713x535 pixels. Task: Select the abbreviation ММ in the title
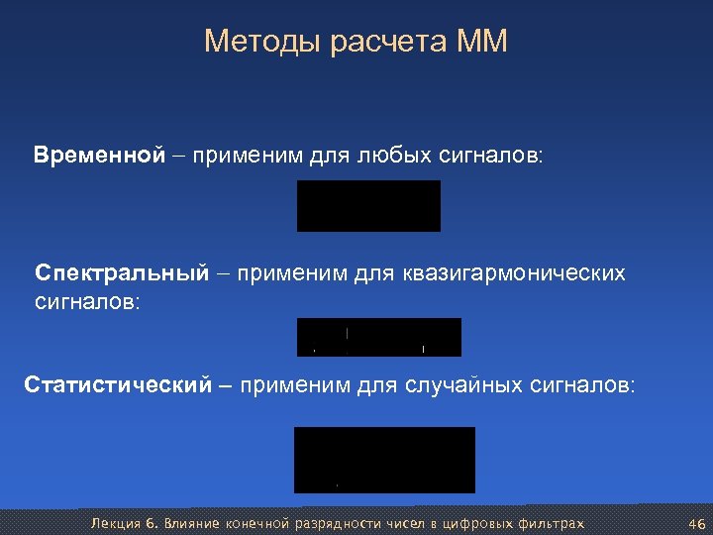point(482,42)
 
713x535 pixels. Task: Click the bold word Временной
point(97,156)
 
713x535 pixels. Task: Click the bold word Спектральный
point(122,272)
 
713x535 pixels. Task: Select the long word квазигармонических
point(514,272)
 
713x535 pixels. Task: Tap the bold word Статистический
point(118,384)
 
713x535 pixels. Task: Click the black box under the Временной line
point(368,206)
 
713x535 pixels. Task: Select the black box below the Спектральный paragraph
point(379,337)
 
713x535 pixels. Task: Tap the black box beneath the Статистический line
point(384,460)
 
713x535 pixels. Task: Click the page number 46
point(694,523)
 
